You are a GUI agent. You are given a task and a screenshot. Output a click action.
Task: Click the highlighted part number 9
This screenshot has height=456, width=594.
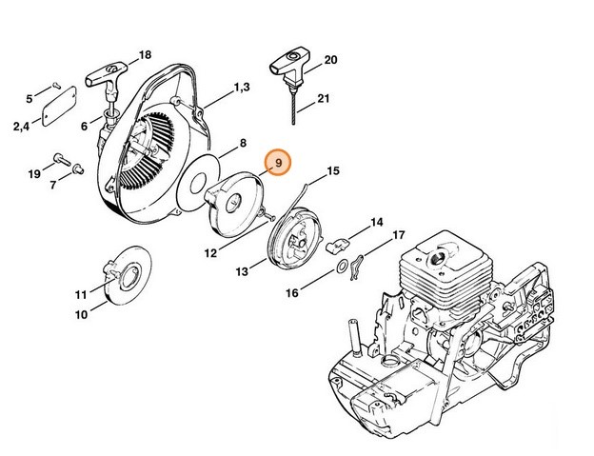279,165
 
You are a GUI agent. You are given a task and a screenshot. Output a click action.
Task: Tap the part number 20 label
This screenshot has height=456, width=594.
331,60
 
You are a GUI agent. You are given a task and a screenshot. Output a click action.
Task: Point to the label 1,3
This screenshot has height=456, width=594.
239,88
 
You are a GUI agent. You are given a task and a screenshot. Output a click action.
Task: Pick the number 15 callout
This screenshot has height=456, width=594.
332,171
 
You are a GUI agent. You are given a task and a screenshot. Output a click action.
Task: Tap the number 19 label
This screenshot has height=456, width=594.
33,173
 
